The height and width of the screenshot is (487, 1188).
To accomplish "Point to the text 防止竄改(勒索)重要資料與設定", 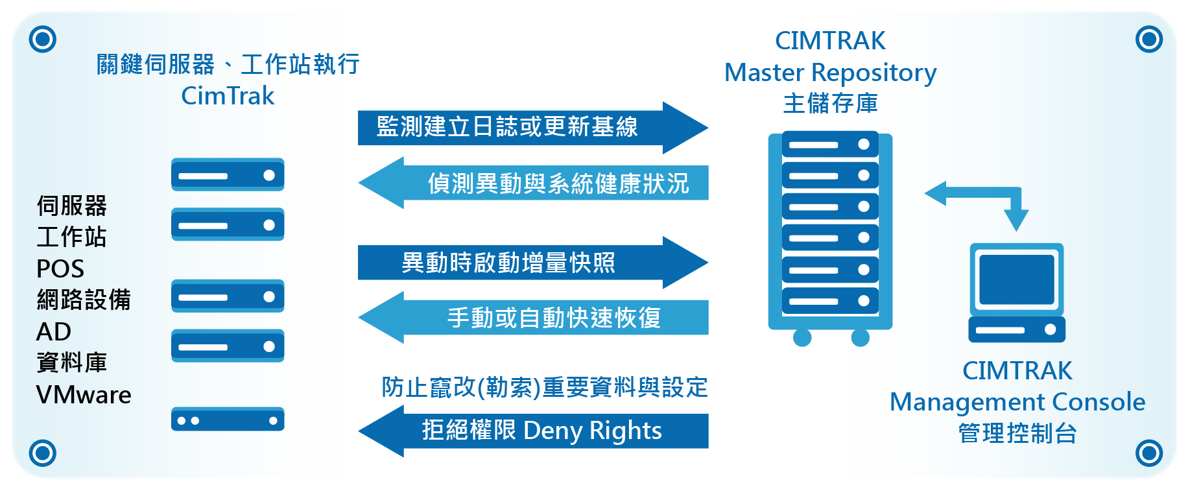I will point(545,387).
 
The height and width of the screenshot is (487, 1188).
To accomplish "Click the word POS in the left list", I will point(60,268).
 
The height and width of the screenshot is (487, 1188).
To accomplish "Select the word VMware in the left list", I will point(84,395).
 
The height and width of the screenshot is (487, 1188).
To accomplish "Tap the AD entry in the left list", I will point(54,332).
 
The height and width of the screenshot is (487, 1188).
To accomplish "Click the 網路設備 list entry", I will point(84,300).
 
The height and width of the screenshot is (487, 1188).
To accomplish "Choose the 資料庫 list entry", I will point(71,362).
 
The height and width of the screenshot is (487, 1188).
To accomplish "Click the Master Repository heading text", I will point(830,73).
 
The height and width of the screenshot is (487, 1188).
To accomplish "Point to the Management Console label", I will point(1017,402).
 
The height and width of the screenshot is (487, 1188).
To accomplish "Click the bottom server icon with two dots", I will point(228,420).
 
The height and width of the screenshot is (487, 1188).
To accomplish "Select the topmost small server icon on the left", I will point(228,175).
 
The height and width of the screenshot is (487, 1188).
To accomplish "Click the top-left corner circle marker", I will point(43,39).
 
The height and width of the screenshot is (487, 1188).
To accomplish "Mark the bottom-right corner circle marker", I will point(1149,453).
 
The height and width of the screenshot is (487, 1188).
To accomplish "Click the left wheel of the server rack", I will point(802,337).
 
